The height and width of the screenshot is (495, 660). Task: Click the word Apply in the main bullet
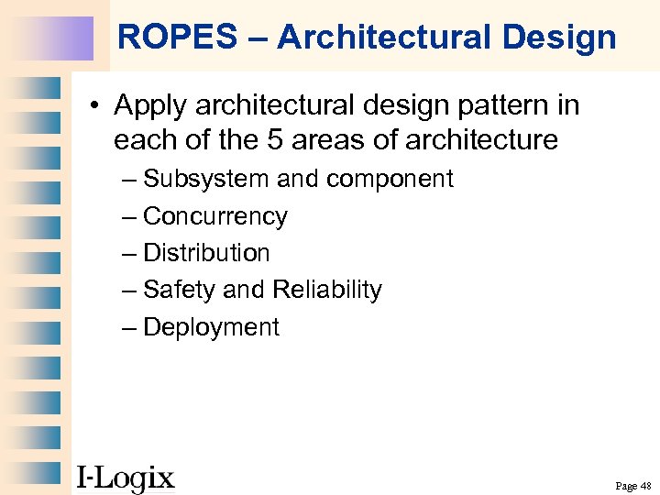coord(150,106)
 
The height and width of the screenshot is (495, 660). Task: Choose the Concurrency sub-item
coord(215,216)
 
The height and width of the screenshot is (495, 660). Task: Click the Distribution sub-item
coord(206,253)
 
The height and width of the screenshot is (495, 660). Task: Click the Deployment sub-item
coord(211,327)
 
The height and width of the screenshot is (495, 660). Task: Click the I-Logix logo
coord(126,477)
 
